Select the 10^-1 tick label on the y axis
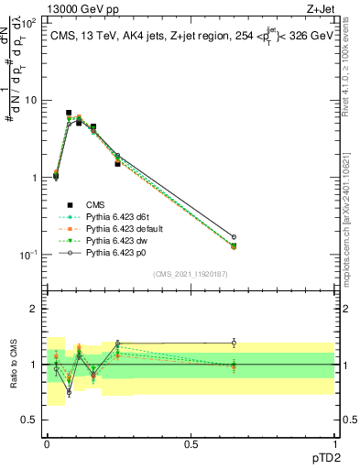27,255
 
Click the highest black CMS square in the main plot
69,113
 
